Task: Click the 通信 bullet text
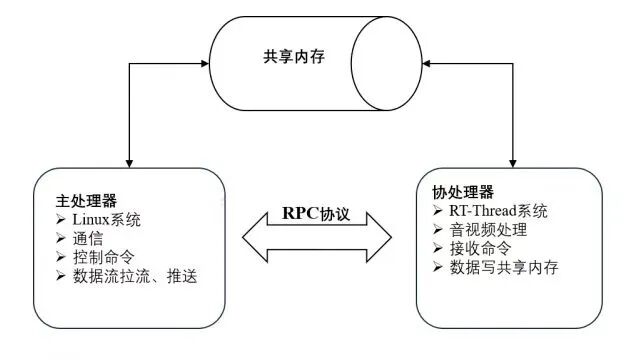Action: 89,238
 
